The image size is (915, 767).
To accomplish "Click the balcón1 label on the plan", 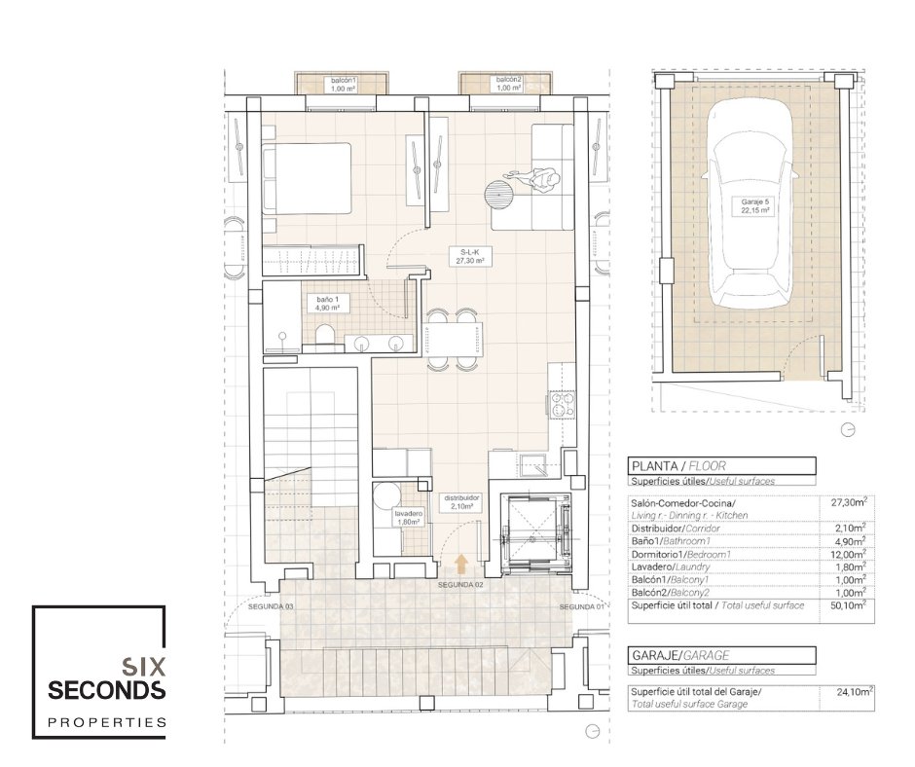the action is [x=344, y=84].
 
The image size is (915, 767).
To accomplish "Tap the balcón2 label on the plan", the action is [x=508, y=84].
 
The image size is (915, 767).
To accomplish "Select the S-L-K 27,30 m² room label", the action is [x=469, y=256].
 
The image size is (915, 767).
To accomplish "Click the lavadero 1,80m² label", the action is [x=409, y=518].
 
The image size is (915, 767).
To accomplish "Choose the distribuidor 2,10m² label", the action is [x=461, y=502].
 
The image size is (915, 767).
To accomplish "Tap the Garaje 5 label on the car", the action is [x=754, y=206].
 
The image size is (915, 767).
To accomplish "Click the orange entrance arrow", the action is [x=461, y=563].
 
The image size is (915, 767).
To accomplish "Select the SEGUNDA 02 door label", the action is [x=461, y=584].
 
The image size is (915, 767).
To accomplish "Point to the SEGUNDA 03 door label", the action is [x=271, y=607].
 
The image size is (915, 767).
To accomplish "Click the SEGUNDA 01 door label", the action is [x=581, y=607].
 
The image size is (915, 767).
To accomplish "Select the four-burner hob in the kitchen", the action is [x=562, y=404].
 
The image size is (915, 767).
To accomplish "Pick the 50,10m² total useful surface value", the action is [x=848, y=605].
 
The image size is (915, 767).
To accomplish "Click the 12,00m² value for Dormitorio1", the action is [x=848, y=554].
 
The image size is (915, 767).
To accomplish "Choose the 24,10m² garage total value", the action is [x=855, y=693].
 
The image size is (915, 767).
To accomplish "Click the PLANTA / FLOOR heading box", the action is [x=721, y=466].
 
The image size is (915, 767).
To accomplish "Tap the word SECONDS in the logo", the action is [x=107, y=690].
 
